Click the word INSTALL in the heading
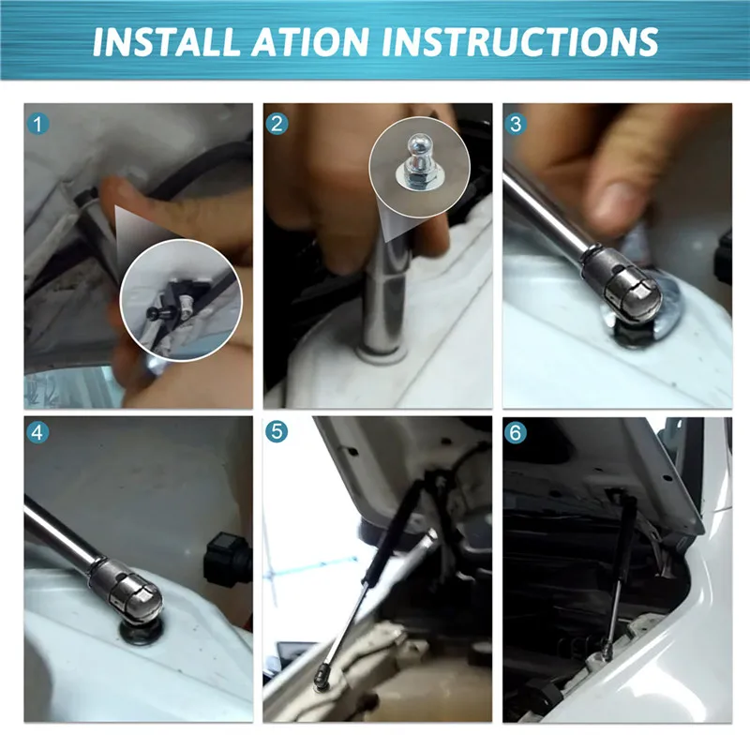pos(166,41)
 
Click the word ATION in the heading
pos(310,41)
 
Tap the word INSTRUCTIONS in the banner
pos(520,41)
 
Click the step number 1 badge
pos(37,124)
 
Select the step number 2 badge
pos(277,124)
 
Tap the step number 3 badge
pos(515,124)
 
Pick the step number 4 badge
pos(37,433)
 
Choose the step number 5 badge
pos(277,432)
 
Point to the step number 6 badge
pos(515,432)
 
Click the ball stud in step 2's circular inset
pos(419,153)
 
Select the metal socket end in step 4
pos(126,592)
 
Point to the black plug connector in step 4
pos(226,559)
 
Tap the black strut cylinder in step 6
pos(626,536)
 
